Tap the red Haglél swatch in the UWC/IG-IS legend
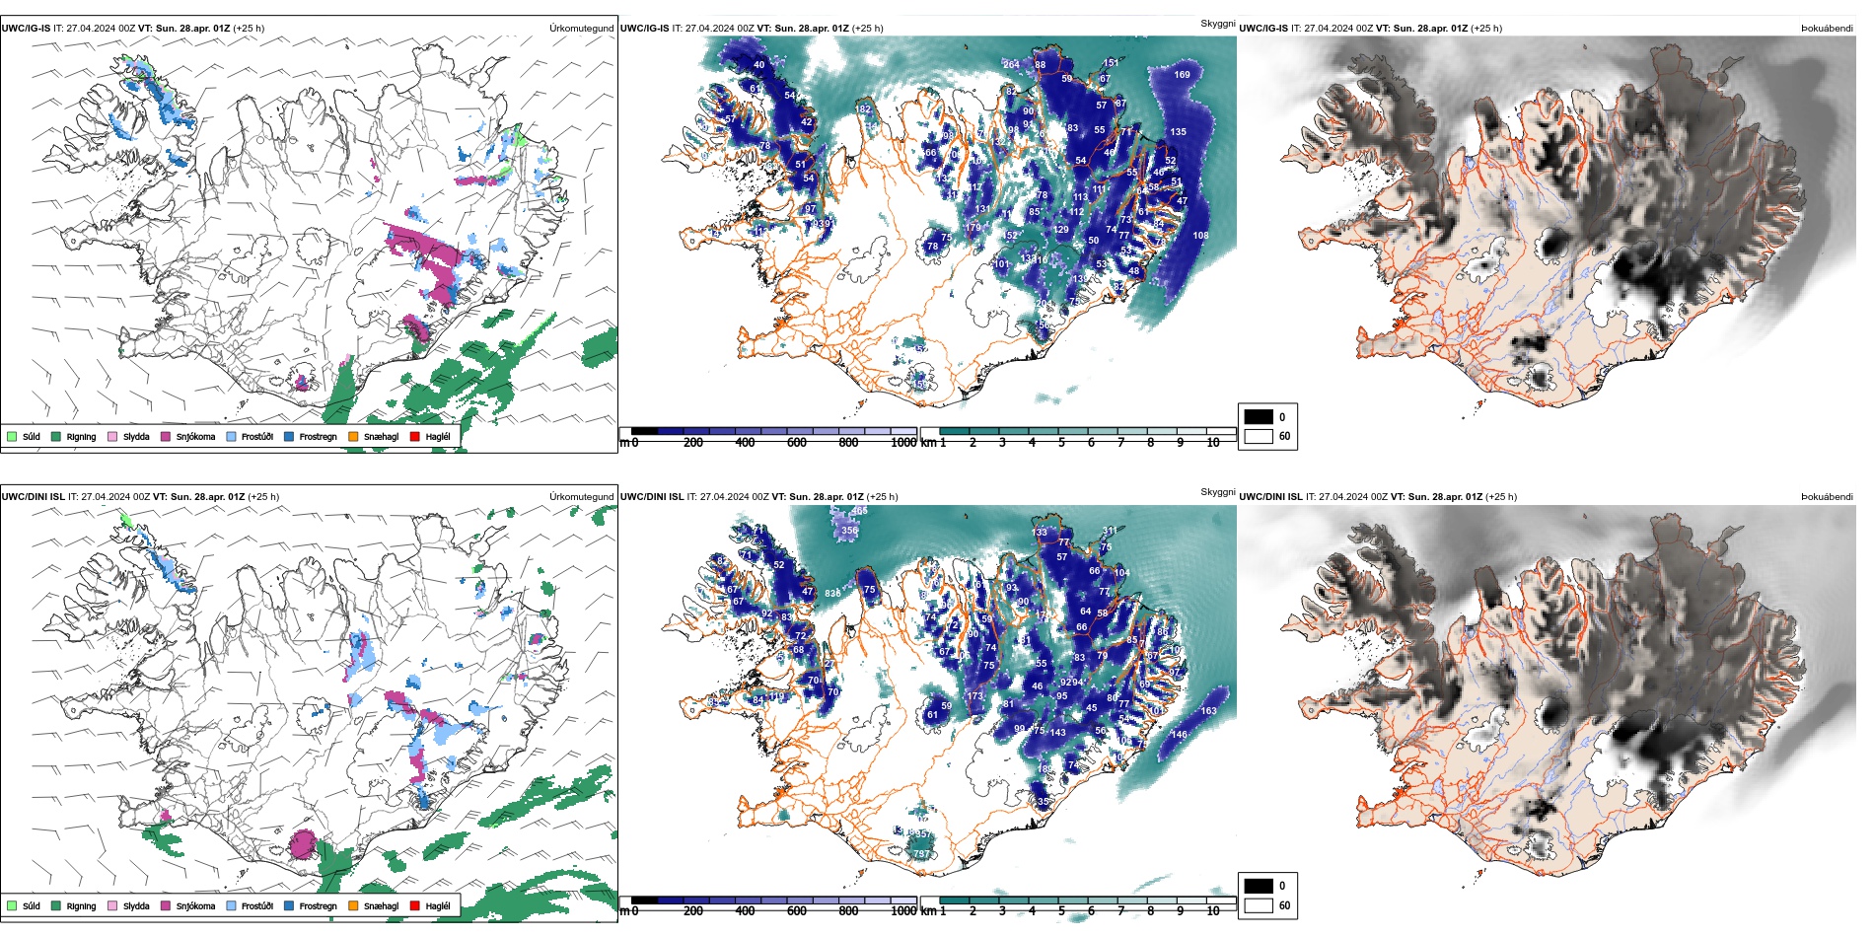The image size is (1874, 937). click(x=415, y=437)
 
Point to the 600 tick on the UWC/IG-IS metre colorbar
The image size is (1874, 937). click(x=797, y=443)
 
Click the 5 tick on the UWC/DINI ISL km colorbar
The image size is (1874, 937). click(x=1061, y=911)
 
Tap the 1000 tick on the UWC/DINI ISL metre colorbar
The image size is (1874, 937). click(x=903, y=911)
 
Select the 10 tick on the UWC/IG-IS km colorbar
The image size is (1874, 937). click(x=1213, y=443)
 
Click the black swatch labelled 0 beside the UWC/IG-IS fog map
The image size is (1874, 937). click(x=1259, y=417)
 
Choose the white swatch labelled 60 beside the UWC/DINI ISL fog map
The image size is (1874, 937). click(x=1259, y=905)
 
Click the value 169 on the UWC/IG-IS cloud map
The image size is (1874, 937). click(x=1182, y=75)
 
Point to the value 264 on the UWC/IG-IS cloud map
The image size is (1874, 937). click(x=1011, y=65)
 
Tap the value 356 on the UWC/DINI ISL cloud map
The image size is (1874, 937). click(x=849, y=531)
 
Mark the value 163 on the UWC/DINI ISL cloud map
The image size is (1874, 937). click(x=1208, y=711)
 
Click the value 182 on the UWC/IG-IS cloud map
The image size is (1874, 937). click(x=863, y=109)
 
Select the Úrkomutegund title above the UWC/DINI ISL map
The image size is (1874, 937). click(x=581, y=497)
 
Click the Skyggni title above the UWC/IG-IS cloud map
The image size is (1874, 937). click(x=1217, y=24)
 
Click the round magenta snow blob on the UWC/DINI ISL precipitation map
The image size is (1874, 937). click(x=303, y=844)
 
